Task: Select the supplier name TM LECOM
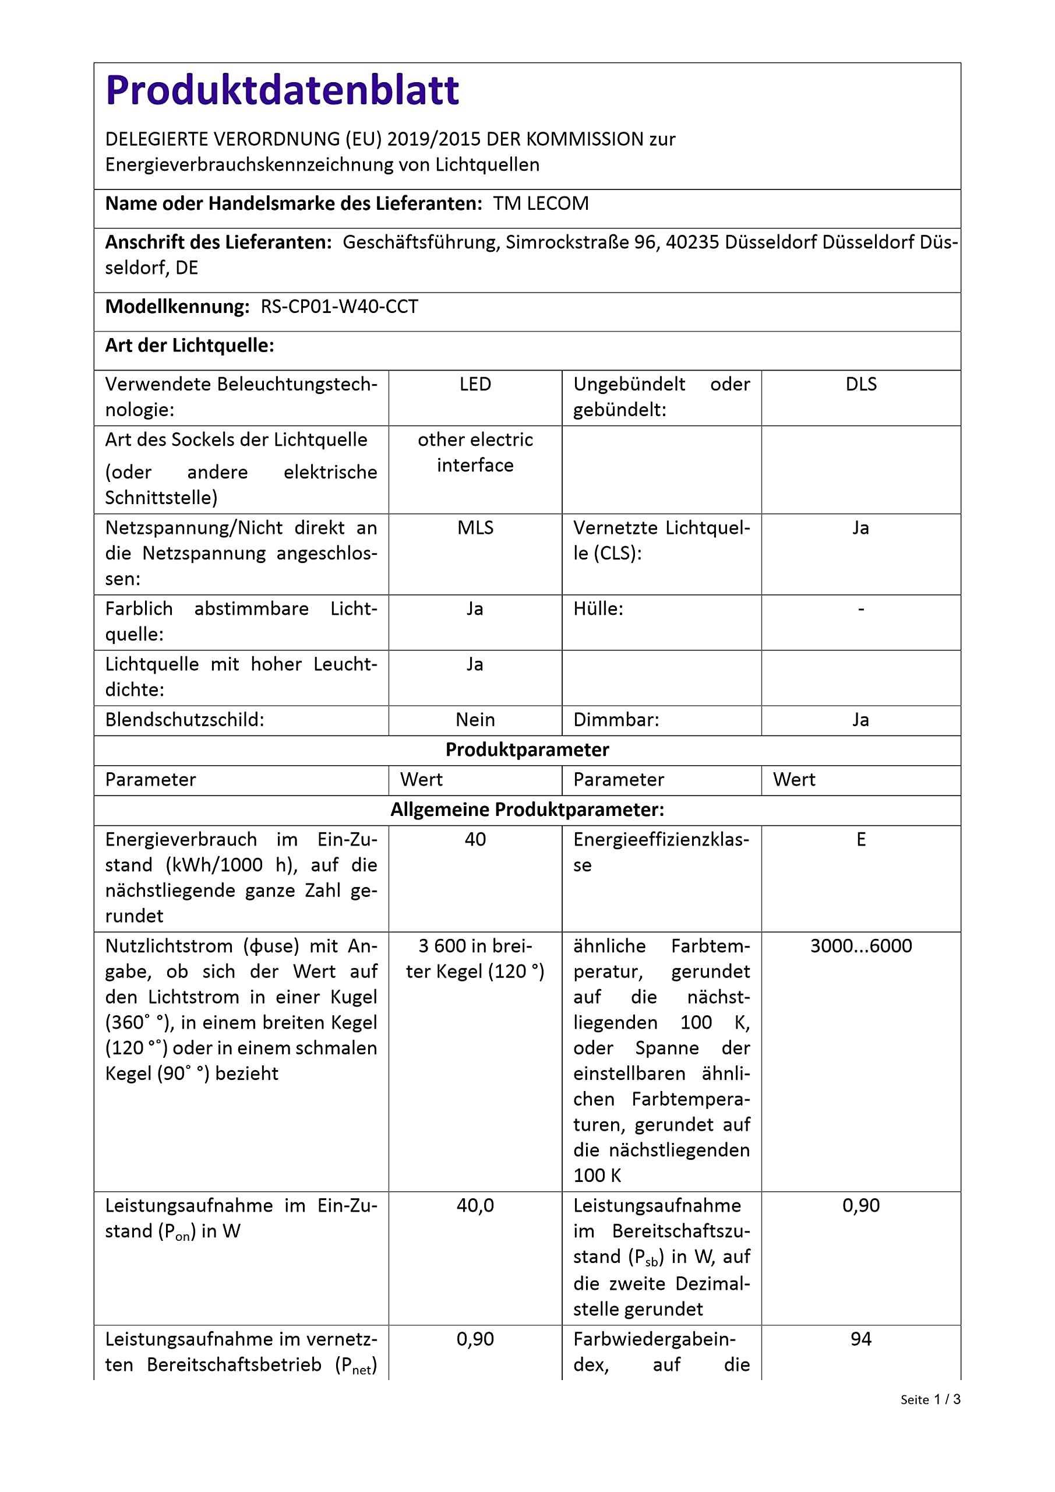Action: tap(541, 204)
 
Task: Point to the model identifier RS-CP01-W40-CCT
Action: tap(339, 307)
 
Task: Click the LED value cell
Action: tap(475, 384)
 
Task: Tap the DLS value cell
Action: tap(861, 384)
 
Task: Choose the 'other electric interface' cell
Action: tap(475, 452)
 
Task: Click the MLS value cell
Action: tap(475, 527)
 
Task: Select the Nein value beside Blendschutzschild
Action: tap(475, 720)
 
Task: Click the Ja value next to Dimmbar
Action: tap(861, 720)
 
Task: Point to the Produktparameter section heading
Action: tap(527, 750)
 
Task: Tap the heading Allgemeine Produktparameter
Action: tap(527, 810)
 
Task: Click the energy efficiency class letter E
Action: tap(861, 840)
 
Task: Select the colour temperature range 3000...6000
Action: tap(861, 946)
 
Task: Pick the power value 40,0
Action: tap(475, 1206)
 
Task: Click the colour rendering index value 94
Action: tap(861, 1339)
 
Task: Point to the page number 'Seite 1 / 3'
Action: tap(930, 1400)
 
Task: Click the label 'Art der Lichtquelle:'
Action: tap(190, 346)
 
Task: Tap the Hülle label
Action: tap(598, 609)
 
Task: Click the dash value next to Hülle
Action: tap(861, 610)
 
